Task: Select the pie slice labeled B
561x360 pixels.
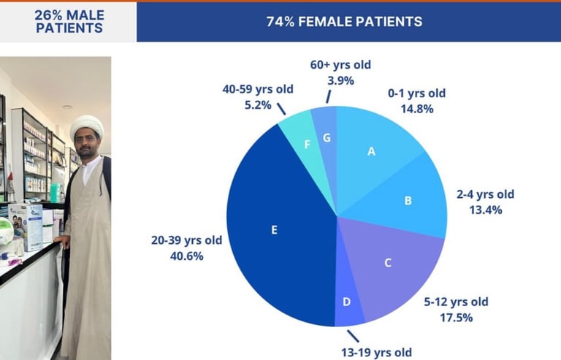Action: [408, 200]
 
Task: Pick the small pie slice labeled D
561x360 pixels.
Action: [348, 302]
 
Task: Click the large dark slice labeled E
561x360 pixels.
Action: [275, 229]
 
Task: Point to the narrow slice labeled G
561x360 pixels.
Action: [326, 137]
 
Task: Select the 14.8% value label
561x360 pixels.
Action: [416, 109]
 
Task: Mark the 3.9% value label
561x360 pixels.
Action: [340, 80]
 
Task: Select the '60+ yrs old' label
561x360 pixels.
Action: [340, 65]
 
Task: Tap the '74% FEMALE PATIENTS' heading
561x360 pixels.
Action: [344, 21]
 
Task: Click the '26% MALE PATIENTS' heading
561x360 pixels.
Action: [69, 22]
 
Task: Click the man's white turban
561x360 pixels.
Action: [87, 126]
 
